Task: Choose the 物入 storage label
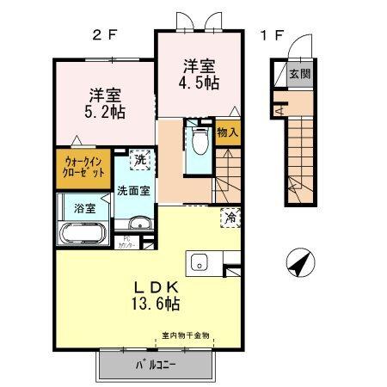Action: [228, 133]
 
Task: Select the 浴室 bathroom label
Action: [83, 207]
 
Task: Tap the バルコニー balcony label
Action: [156, 364]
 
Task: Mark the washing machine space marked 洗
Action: [138, 159]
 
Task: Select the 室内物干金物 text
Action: [185, 335]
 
